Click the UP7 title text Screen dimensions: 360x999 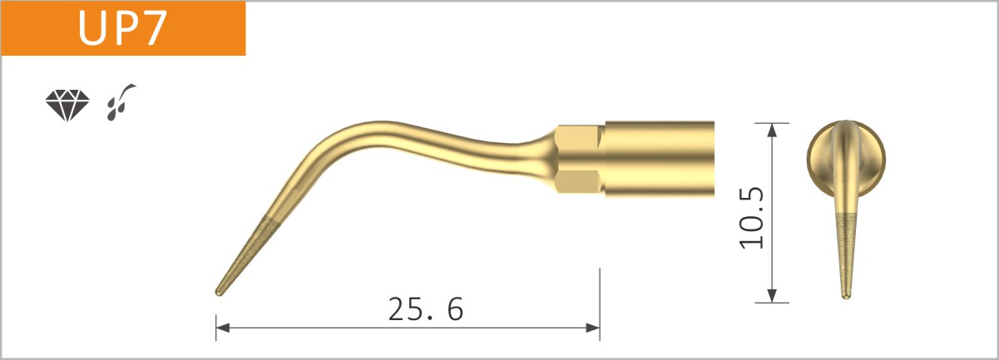[x=123, y=28]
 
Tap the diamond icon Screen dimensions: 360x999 [x=67, y=106]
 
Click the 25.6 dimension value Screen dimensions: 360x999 [x=425, y=309]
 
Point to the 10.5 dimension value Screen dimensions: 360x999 [x=751, y=218]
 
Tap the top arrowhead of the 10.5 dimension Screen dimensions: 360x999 [x=773, y=130]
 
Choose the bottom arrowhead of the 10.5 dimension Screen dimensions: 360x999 [x=773, y=295]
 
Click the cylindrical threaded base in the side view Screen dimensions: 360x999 [x=660, y=159]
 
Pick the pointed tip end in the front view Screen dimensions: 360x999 [x=846, y=295]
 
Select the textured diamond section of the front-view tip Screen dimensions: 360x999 [x=846, y=249]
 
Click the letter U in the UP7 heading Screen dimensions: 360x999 [x=91, y=28]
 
